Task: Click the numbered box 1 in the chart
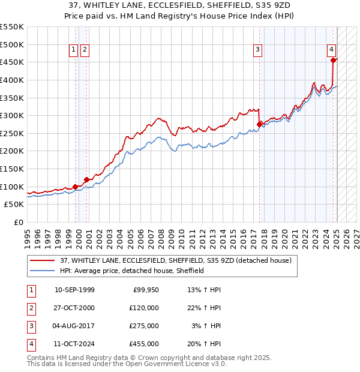pos(74,50)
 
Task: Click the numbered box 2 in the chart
pos(85,50)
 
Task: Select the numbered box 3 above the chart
pos(257,50)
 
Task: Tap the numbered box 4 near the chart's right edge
pos(331,50)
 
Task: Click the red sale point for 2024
pos(333,59)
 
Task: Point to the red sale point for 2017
pos(260,124)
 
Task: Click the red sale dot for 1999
pos(76,187)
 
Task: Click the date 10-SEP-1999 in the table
pos(74,290)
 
